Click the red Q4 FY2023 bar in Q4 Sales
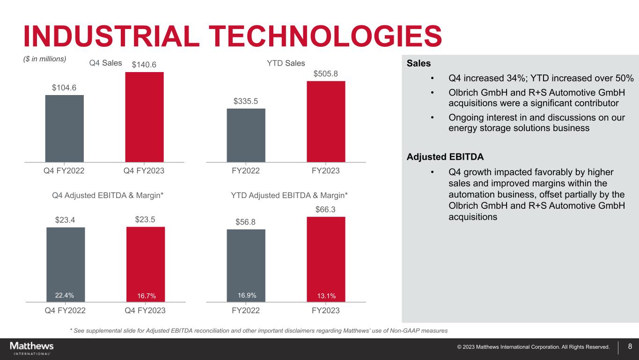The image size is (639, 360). point(144,117)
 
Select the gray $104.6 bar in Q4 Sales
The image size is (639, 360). point(65,128)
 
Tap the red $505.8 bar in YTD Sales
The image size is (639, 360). point(326,121)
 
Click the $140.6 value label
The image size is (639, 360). point(144,65)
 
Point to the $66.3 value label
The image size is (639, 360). point(326,210)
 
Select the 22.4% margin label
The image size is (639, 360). point(65,295)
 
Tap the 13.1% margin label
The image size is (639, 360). point(326,295)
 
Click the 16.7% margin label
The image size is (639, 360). point(146,295)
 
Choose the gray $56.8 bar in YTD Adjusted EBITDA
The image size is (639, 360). point(246,262)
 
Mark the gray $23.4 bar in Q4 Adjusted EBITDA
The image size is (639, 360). point(66,260)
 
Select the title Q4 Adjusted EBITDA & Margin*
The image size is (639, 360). point(108,195)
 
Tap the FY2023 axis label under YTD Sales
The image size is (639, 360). point(326,171)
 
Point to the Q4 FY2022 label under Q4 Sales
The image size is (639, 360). point(64,171)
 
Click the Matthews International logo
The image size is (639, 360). point(32,348)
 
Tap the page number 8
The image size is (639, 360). point(630,347)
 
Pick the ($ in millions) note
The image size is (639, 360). point(45,59)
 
